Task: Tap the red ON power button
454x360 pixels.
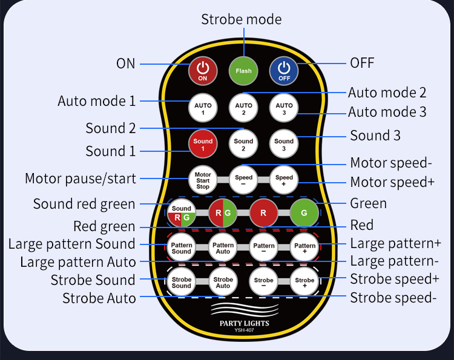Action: click(x=203, y=71)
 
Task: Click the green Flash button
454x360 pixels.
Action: click(x=243, y=71)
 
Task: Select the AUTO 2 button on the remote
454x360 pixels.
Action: click(x=243, y=108)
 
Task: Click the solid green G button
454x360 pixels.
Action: click(x=304, y=214)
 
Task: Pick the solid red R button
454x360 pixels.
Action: click(x=263, y=214)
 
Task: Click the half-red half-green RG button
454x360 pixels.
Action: click(x=223, y=214)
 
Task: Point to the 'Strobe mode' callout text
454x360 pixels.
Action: click(x=241, y=19)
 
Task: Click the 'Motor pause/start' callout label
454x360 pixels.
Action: click(x=81, y=178)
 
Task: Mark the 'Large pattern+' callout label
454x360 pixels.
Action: click(x=395, y=244)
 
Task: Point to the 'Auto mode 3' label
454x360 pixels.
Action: click(x=387, y=112)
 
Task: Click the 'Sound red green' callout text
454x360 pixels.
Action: click(x=84, y=204)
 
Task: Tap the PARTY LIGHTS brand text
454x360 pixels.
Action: click(x=244, y=323)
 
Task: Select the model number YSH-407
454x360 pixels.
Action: click(x=244, y=330)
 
